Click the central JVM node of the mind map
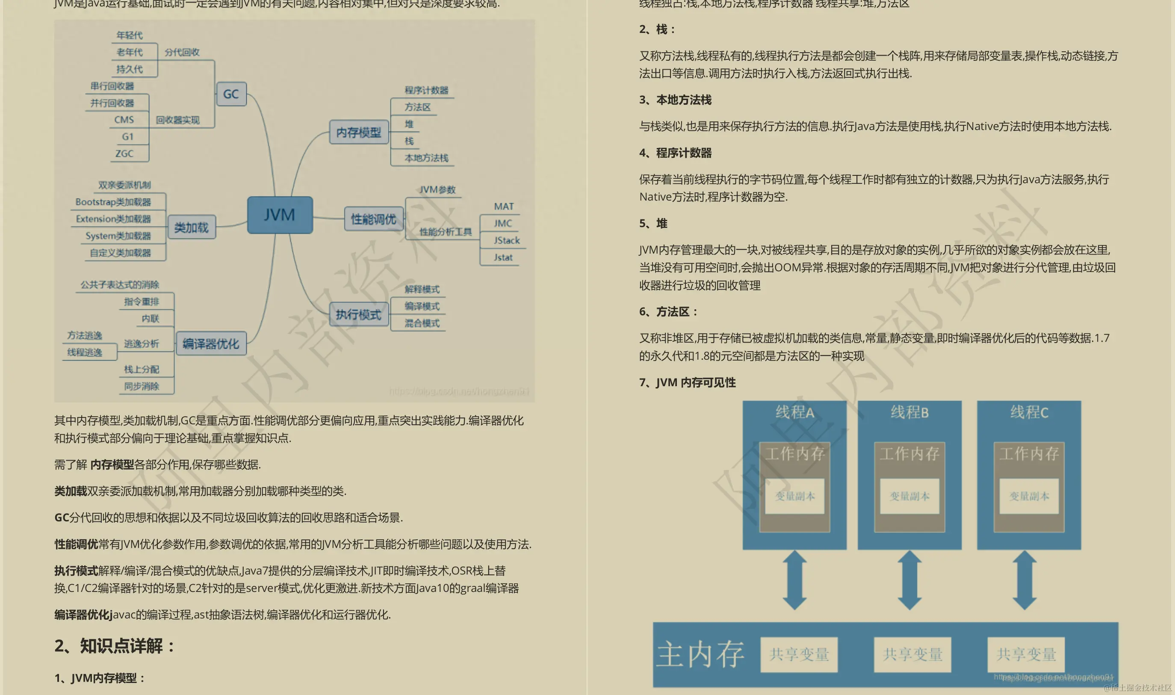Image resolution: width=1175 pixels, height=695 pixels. pyautogui.click(x=280, y=215)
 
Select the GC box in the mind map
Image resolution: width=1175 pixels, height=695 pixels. pyautogui.click(x=231, y=94)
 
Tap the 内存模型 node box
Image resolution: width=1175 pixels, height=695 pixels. pyautogui.click(x=359, y=133)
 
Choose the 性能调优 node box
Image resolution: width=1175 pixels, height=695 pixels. pyautogui.click(x=374, y=219)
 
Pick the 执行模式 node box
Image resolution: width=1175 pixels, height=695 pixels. pyautogui.click(x=359, y=314)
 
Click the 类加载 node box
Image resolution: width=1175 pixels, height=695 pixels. pyautogui.click(x=192, y=228)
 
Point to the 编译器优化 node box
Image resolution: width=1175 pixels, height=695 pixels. pyautogui.click(x=211, y=344)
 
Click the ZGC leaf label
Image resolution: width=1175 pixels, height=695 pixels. pyautogui.click(x=124, y=154)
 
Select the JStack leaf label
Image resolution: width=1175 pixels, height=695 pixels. pyautogui.click(x=507, y=240)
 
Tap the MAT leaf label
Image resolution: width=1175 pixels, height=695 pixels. pyautogui.click(x=504, y=207)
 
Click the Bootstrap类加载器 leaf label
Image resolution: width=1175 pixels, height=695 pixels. pyautogui.click(x=113, y=202)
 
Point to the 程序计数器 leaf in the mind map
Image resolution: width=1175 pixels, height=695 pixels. pyautogui.click(x=426, y=90)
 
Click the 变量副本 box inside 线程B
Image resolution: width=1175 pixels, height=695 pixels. pyautogui.click(x=909, y=496)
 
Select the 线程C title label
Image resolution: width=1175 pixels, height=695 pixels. pyautogui.click(x=1029, y=413)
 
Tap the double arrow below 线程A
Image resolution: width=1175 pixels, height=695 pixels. pyautogui.click(x=794, y=580)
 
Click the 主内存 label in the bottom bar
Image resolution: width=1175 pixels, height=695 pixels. pyautogui.click(x=700, y=654)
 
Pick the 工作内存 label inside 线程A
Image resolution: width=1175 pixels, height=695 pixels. pyautogui.click(x=794, y=453)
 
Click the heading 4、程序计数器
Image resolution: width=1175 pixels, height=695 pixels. pyautogui.click(x=676, y=153)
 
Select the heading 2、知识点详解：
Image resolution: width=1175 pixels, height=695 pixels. pyautogui.click(x=115, y=646)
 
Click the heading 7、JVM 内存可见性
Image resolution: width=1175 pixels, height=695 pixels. pyautogui.click(x=687, y=383)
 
